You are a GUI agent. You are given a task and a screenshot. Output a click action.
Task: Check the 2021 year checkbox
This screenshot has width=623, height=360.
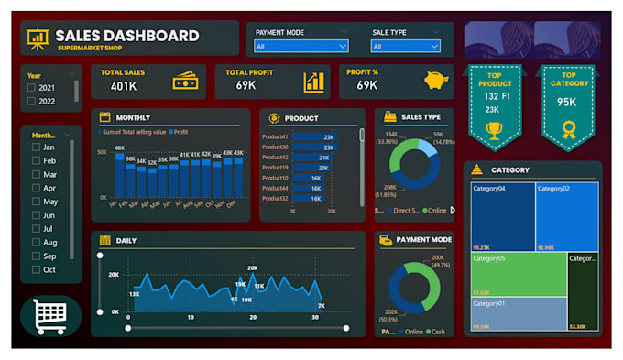coord(32,88)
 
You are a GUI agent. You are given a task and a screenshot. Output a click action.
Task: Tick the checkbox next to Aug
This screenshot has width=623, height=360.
coord(36,243)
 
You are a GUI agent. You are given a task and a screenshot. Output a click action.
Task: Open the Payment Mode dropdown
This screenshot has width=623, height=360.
coord(301,46)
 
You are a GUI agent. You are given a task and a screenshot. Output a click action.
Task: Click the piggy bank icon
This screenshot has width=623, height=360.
coord(437,81)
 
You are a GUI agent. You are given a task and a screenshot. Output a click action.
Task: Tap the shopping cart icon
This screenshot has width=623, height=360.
coord(50,316)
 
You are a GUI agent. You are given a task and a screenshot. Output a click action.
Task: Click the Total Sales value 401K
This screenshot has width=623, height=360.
coord(124,85)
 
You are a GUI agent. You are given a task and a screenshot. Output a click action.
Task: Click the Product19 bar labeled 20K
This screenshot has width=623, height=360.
coord(311,168)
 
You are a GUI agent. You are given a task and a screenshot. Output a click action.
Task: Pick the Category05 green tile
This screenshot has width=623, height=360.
coord(519,275)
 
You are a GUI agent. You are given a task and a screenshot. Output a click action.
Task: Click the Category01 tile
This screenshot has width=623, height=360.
coord(519,313)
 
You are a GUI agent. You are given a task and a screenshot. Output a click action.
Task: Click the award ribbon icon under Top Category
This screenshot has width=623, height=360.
coord(568,129)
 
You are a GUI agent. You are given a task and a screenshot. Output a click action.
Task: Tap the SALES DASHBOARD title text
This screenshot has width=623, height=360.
coord(127,36)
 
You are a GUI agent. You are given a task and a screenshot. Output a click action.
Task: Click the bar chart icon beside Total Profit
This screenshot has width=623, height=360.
coord(314,82)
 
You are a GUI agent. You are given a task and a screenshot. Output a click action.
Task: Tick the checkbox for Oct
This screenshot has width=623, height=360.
coord(36,270)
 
